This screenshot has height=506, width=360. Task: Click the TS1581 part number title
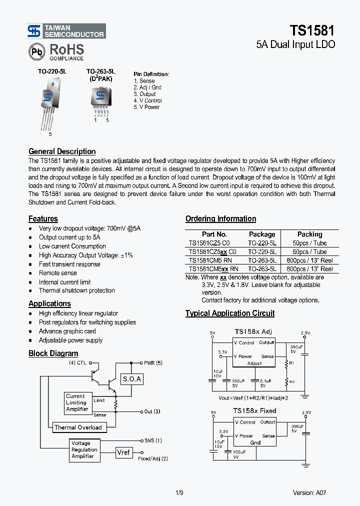click(x=313, y=30)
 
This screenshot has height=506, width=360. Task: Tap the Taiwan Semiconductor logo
click(x=66, y=31)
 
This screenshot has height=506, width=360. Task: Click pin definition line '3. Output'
click(x=144, y=94)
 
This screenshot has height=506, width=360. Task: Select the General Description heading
click(x=62, y=151)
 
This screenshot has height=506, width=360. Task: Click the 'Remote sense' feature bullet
click(x=58, y=273)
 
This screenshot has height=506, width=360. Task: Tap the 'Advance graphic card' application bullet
click(x=67, y=331)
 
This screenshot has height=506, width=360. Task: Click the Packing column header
click(x=309, y=234)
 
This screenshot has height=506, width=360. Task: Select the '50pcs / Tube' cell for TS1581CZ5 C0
click(x=309, y=243)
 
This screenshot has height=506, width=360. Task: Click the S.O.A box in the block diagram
click(x=132, y=379)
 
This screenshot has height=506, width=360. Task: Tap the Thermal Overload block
click(x=78, y=427)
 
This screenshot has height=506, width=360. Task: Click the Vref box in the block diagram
click(x=123, y=452)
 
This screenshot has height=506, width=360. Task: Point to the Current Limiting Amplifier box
click(x=77, y=402)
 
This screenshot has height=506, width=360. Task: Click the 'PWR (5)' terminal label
click(x=153, y=363)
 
